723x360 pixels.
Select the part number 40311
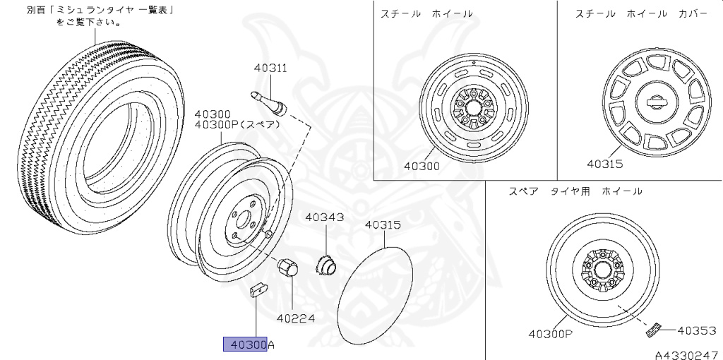270,68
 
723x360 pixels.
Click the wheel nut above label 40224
287,268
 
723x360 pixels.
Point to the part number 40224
295,318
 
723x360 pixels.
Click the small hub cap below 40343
325,264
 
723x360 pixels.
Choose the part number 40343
324,217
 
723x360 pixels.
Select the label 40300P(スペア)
237,125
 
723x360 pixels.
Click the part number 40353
697,329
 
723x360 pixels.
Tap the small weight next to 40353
652,328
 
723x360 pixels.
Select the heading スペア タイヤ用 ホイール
575,191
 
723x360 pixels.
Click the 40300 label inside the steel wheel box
422,167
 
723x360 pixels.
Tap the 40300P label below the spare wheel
550,333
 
